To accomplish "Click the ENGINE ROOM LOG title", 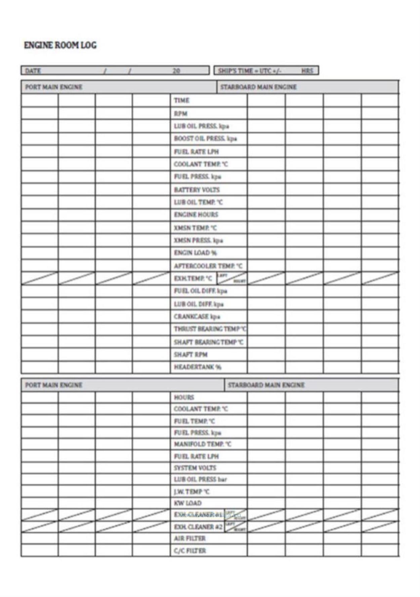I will point(60,45).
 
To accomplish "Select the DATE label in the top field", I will point(33,71).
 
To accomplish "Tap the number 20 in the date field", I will point(176,71).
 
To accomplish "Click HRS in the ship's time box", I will point(307,71).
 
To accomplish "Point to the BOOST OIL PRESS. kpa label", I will point(205,139).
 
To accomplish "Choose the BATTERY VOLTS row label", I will point(197,190).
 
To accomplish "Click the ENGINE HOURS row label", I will point(196,215).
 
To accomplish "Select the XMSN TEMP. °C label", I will point(195,228).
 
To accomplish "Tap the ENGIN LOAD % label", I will point(195,253).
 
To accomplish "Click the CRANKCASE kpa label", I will point(197,317).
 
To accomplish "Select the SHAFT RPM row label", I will point(191,355).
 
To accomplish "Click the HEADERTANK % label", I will point(198,367).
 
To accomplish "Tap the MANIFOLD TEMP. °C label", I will point(202,444).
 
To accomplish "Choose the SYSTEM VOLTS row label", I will point(195,468).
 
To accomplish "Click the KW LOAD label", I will point(187,503).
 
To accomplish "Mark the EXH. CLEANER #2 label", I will point(198,527).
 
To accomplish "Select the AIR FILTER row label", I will point(190,539).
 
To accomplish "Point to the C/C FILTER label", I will point(190,551).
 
